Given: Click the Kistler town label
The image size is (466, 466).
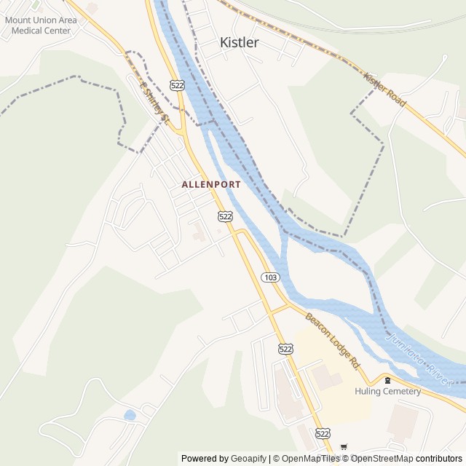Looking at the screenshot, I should pos(239,43).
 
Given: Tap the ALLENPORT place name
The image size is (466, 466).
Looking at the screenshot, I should pos(211,185).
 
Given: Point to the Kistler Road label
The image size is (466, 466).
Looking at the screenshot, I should pos(384,90).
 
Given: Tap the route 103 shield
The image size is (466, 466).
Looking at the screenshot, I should pos(270,277).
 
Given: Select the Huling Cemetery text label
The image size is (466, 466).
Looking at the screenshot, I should pos(387,391).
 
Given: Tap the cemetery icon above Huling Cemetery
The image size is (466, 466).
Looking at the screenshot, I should pos(387,380).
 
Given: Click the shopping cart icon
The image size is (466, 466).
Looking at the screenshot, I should pos(344,446).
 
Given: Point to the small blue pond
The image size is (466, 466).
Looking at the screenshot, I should pos(130,415).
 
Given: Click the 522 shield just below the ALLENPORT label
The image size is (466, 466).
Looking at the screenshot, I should pos(225,216).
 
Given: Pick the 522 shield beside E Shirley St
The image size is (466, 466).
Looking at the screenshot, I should pos(177,86).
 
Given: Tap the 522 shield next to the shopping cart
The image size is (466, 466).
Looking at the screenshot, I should pos(323,433).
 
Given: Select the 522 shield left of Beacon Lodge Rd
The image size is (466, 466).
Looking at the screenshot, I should pos(285,349).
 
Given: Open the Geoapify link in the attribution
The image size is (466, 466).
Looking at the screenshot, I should pos(248,459).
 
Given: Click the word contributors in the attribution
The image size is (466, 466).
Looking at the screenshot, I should pos(439,459).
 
